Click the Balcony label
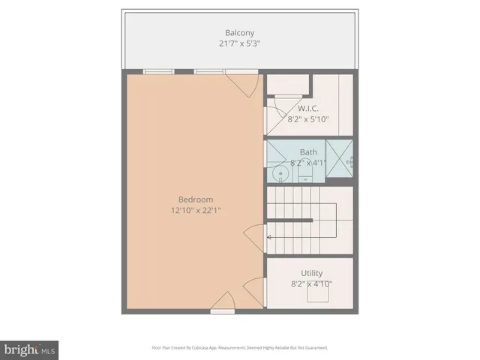[x=240, y=33]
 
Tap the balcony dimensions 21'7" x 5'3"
[x=240, y=43]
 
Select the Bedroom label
[x=196, y=199]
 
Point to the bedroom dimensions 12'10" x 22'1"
[x=196, y=210]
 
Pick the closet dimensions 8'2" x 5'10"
[x=308, y=118]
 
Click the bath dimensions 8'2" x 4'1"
[x=308, y=163]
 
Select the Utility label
[x=311, y=273]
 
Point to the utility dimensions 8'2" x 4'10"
[x=311, y=283]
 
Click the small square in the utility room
[x=313, y=295]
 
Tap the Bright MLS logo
[x=29, y=350]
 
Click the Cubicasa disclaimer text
[x=240, y=347]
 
